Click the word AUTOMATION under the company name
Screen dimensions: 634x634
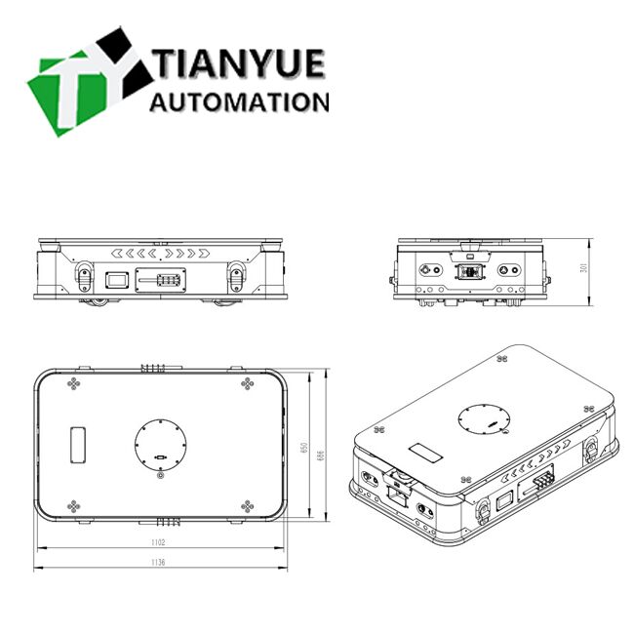click(240, 102)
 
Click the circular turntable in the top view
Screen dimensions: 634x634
click(159, 445)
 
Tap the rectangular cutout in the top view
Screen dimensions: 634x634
click(76, 445)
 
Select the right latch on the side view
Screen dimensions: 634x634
click(236, 277)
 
